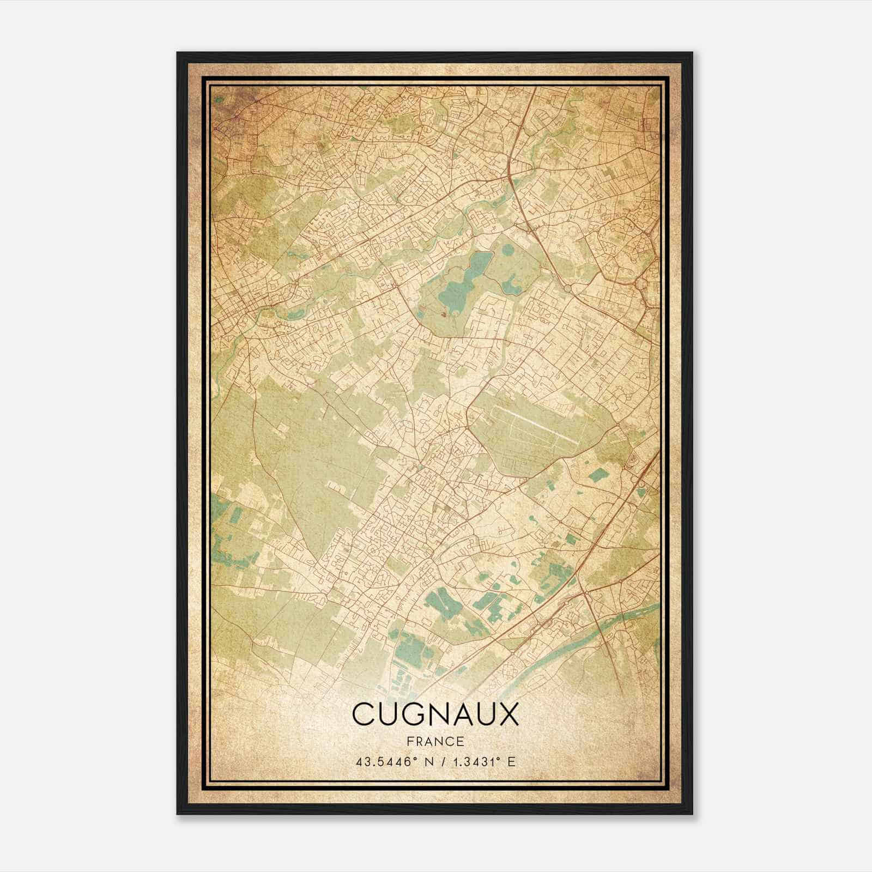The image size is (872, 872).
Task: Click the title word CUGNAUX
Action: (435, 714)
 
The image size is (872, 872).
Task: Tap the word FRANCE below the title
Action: (435, 742)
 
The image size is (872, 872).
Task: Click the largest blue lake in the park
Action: (461, 283)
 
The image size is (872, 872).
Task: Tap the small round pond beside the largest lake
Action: (507, 250)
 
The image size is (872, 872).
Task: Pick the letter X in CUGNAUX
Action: (508, 714)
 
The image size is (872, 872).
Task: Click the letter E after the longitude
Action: (511, 762)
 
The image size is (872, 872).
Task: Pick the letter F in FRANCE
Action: (409, 742)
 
